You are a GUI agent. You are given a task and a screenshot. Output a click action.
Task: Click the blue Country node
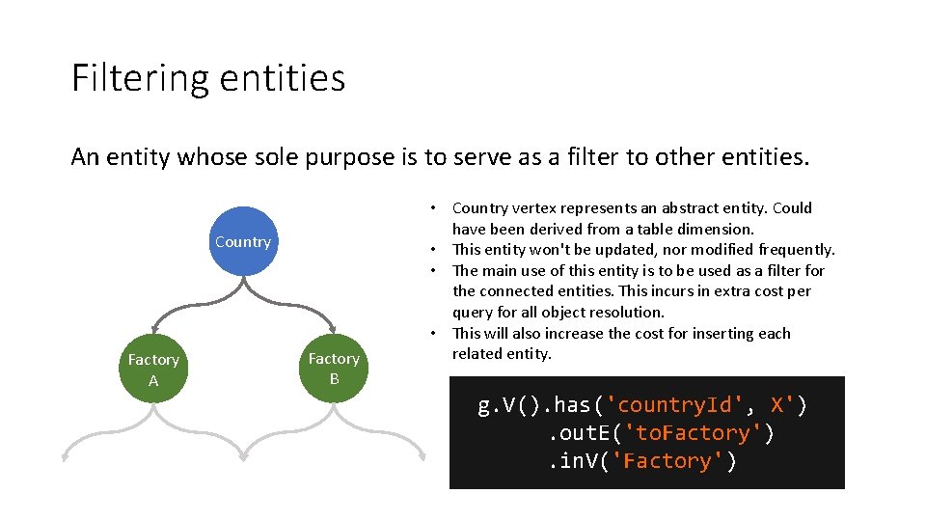[243, 241]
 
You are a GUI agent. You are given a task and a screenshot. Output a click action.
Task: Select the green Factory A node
[153, 370]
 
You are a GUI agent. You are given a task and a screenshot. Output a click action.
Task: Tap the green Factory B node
[334, 369]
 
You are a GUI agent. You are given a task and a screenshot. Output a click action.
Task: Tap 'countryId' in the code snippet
[675, 405]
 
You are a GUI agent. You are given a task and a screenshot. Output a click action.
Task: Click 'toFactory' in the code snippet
[695, 433]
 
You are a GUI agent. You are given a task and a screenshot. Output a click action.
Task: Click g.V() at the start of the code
[512, 405]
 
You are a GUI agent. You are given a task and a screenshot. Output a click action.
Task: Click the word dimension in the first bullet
[718, 230]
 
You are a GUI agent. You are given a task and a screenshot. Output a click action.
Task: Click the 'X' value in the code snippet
[782, 405]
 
